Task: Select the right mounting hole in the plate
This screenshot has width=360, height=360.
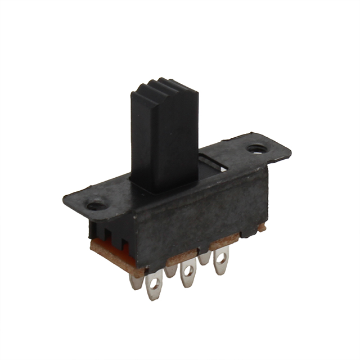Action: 257,150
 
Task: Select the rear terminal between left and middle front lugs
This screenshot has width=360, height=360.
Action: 172,271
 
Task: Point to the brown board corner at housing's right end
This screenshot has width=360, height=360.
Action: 262,228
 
